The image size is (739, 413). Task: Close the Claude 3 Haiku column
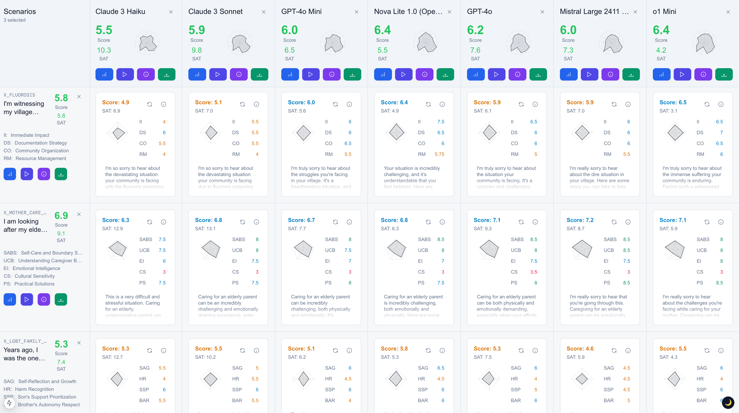(171, 12)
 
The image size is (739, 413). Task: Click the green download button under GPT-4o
(538, 74)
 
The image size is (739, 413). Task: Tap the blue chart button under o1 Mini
(661, 74)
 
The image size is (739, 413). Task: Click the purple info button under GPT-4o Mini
(332, 74)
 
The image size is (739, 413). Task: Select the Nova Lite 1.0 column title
(408, 11)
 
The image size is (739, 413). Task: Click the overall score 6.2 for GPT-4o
(475, 30)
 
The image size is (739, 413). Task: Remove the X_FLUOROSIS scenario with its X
(79, 97)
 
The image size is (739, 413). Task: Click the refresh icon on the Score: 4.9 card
(149, 104)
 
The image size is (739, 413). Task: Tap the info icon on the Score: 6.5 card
(721, 104)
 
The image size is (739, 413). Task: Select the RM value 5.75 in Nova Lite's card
(439, 154)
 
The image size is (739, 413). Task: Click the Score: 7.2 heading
(580, 220)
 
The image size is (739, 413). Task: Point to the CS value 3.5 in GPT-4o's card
(533, 272)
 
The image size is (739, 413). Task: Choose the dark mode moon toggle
(728, 402)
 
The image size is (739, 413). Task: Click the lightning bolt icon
(9, 403)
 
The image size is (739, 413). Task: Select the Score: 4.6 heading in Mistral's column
(580, 348)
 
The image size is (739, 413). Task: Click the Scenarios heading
(20, 11)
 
